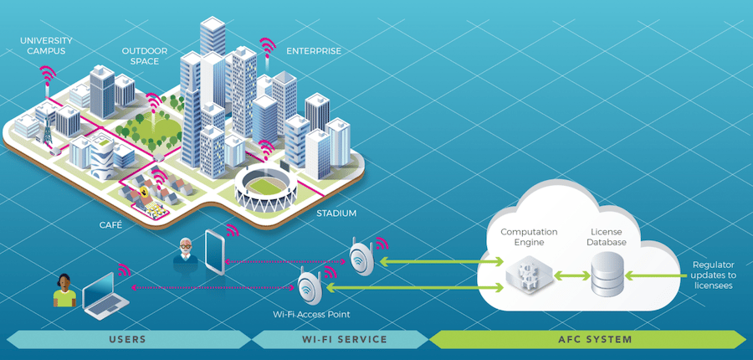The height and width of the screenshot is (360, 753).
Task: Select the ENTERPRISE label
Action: tap(314, 51)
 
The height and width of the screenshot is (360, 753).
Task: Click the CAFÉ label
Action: tap(110, 225)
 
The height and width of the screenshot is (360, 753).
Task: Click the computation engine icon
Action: tap(528, 273)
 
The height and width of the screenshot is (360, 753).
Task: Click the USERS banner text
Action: tap(128, 339)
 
